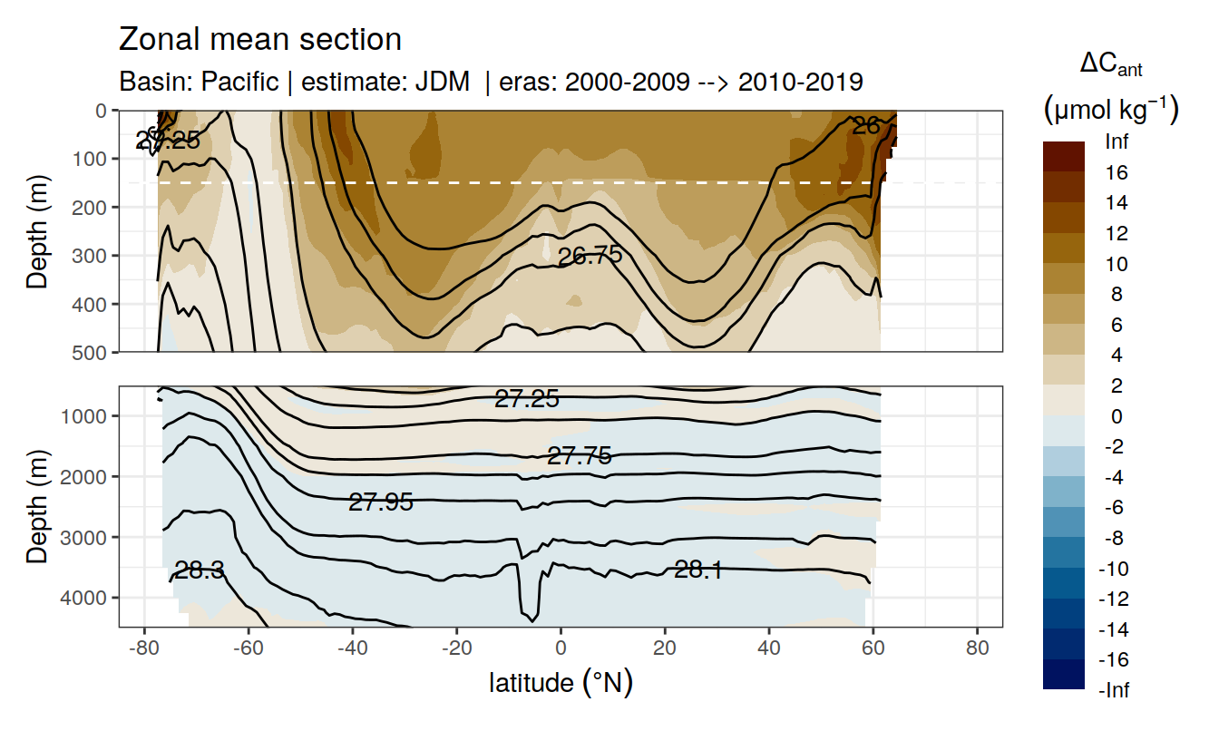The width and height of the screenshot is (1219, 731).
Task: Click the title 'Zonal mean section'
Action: [x=260, y=40]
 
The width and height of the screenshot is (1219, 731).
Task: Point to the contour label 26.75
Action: [x=590, y=256]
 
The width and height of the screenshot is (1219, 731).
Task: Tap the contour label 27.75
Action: [x=580, y=456]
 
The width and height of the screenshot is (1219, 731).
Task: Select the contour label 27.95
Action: [x=381, y=502]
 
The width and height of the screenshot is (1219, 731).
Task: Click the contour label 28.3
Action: [x=200, y=570]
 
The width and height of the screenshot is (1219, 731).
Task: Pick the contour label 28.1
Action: [x=698, y=570]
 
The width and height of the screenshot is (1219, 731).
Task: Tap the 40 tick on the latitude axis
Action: [x=769, y=649]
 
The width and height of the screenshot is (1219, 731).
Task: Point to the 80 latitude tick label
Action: [x=977, y=649]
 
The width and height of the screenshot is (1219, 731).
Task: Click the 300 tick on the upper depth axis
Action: [x=93, y=256]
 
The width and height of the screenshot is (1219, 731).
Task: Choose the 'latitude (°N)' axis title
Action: [x=561, y=682]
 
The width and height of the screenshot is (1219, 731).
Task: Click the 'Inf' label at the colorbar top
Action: [x=1116, y=141]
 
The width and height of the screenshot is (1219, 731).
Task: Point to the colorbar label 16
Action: [x=1116, y=172]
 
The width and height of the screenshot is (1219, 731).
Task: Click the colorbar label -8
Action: [x=1116, y=538]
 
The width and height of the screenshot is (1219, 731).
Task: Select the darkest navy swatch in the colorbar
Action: [x=1064, y=675]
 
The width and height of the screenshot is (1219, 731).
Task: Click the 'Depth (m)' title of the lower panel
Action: [x=37, y=506]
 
